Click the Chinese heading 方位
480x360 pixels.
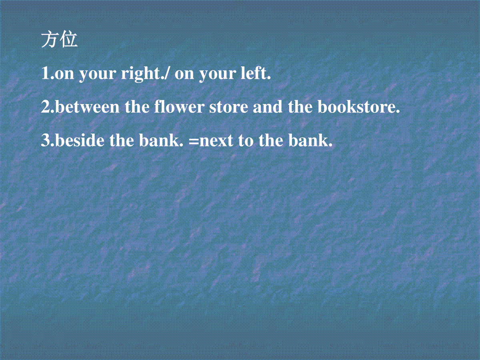[59, 40]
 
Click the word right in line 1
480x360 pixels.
[142, 73]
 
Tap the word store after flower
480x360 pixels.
[229, 108]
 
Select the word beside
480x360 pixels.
[80, 140]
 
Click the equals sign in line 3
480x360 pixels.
[193, 141]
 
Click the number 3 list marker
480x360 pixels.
[46, 140]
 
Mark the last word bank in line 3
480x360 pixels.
[310, 140]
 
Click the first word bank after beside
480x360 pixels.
[161, 140]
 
